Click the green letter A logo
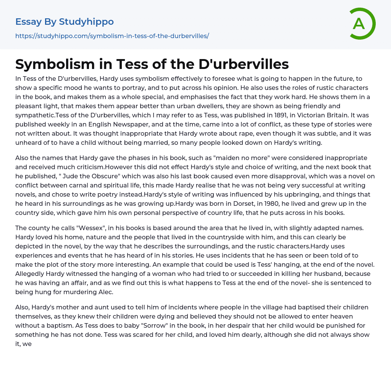click(x=362, y=24)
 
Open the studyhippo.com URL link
click(x=112, y=36)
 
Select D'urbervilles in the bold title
click(x=244, y=64)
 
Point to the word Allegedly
click(x=31, y=274)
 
